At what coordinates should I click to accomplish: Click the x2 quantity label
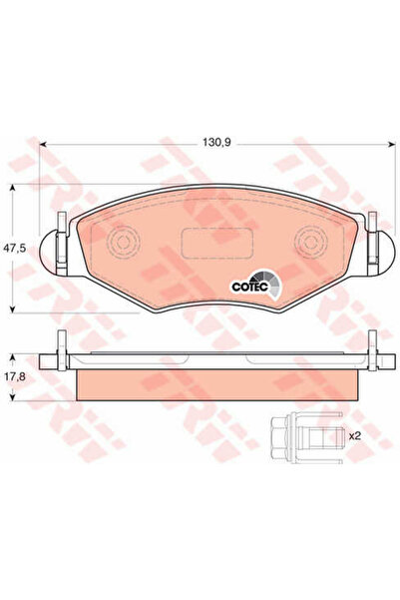[x=355, y=435]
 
